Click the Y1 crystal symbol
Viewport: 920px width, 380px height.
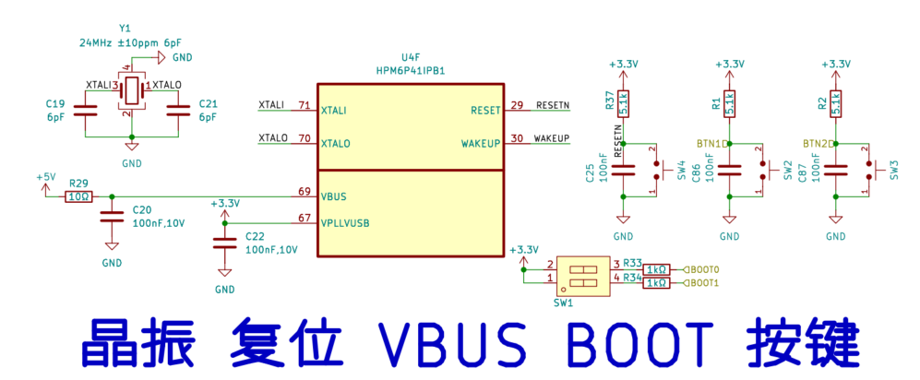tap(132, 90)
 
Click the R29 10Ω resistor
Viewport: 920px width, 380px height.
tap(78, 196)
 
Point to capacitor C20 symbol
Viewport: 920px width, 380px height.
tap(112, 217)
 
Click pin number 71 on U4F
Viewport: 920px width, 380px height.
tap(304, 106)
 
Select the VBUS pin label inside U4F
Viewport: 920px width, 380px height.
tap(334, 196)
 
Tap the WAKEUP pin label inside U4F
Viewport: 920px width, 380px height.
tap(481, 144)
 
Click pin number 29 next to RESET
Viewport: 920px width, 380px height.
tap(517, 105)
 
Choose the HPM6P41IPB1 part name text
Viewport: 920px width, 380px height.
tap(411, 70)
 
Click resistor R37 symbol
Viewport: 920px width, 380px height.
tap(624, 102)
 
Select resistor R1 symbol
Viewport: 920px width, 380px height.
tap(730, 102)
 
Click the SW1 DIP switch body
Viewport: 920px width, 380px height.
tap(582, 274)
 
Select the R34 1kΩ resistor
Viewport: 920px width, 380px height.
tap(656, 283)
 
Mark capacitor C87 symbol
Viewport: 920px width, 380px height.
tap(836, 170)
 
